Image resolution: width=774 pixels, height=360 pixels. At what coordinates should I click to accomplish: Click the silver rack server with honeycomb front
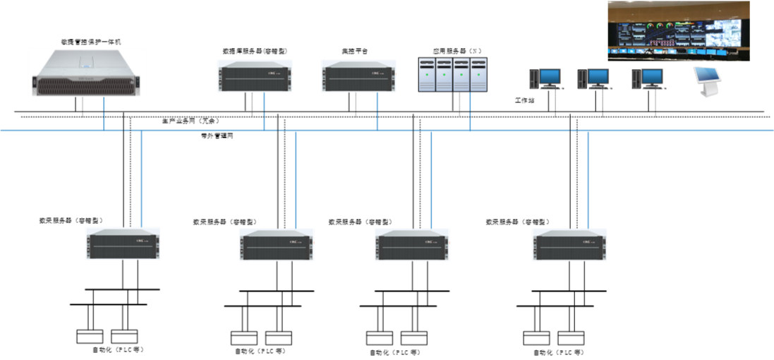point(86,73)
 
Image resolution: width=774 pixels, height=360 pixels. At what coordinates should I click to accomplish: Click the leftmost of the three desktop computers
point(546,78)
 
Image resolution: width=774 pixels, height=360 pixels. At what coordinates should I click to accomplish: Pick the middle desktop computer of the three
point(594,78)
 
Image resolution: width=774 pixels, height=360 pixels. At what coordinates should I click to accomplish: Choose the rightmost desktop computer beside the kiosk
point(647,78)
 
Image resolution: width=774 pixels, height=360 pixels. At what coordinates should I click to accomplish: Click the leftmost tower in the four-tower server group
point(427,74)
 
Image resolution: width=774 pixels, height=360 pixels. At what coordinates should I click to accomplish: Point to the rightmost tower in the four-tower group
point(478,74)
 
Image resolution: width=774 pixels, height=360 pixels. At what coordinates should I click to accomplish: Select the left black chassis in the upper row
point(255,76)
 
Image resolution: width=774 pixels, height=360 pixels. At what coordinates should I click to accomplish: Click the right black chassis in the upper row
point(359,76)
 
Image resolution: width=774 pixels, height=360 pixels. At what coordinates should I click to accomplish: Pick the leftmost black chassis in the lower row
point(123,244)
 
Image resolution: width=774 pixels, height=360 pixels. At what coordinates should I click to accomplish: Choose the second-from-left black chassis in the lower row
point(277,245)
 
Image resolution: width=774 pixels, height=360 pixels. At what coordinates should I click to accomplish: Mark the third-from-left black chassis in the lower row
point(412,245)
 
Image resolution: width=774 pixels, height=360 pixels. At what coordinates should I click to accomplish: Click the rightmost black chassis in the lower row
point(569,245)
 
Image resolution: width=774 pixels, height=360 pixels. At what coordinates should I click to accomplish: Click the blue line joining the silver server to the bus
point(104,113)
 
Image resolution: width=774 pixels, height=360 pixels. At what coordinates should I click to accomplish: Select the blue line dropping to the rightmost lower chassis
point(588,179)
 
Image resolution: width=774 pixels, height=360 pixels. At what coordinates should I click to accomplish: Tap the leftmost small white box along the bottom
point(90,337)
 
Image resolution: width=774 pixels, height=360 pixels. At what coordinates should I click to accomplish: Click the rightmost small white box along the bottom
point(571,338)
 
